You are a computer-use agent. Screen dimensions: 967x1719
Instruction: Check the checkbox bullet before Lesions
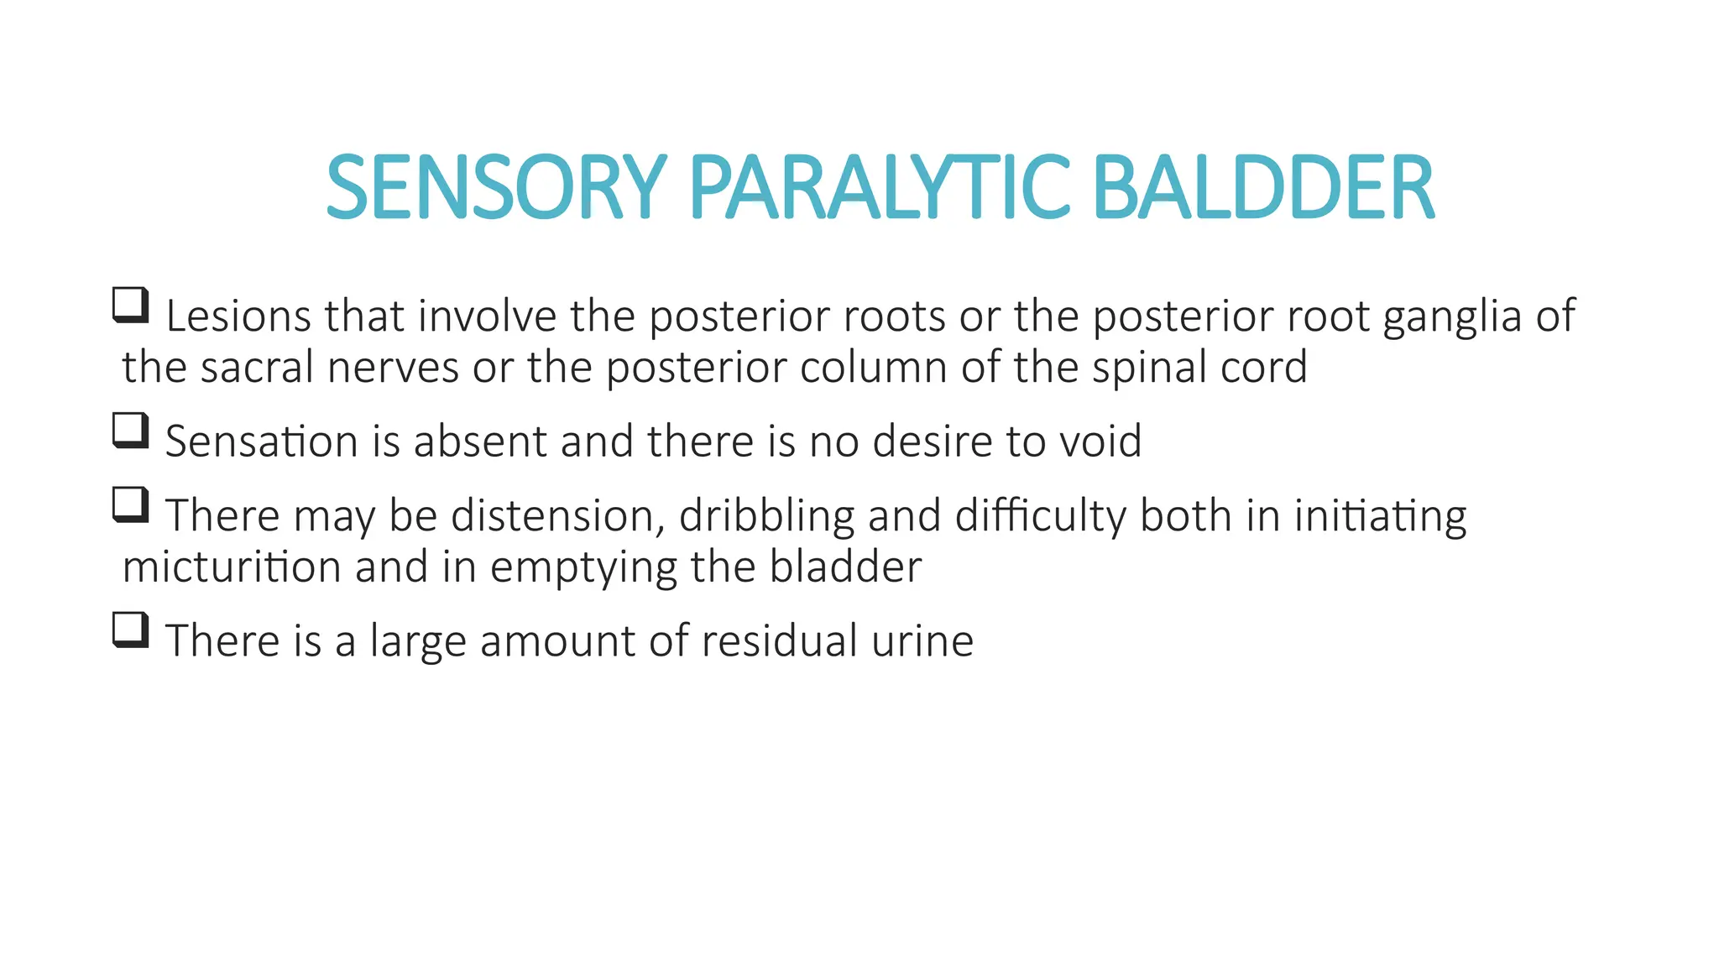pos(131,306)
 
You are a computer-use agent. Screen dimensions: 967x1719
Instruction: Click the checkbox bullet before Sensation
pos(131,431)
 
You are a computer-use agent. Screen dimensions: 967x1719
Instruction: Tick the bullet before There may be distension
pos(131,504)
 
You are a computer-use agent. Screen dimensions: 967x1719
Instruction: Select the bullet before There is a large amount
pos(131,630)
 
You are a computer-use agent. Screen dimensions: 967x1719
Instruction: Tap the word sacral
pos(257,368)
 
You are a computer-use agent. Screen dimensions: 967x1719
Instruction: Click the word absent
pos(480,442)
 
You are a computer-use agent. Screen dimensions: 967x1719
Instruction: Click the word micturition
pos(232,567)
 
